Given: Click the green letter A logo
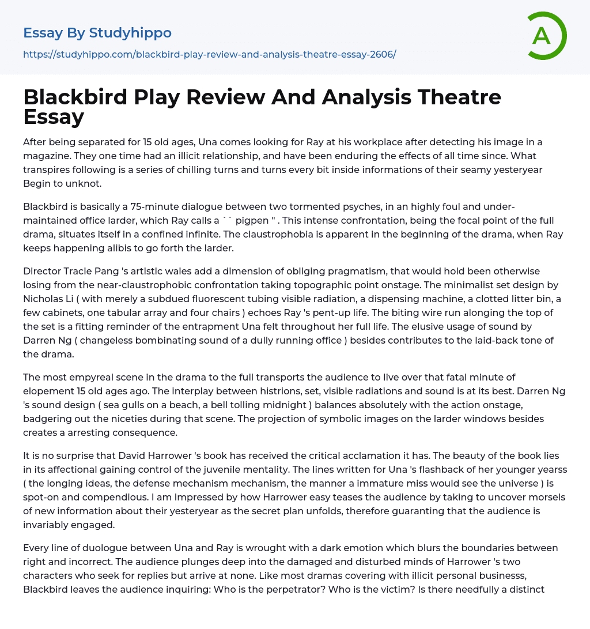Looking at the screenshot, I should pos(546,36).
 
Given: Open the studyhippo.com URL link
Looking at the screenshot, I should pos(210,54).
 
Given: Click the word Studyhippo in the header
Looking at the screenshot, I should pos(130,33).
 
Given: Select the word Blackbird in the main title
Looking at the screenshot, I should pos(74,97).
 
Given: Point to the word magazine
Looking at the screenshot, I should pos(47,156).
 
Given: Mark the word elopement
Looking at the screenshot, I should pos(49,391).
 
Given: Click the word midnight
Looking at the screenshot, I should pos(279,405).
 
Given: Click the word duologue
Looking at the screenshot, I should pos(93,548).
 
